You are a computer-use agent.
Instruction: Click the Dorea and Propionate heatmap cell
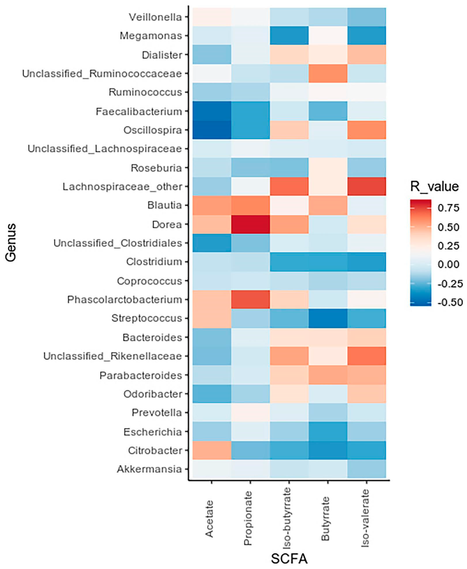pos(250,224)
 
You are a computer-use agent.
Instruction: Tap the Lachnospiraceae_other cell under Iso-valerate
pos(366,186)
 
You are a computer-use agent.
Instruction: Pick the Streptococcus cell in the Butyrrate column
pos(328,318)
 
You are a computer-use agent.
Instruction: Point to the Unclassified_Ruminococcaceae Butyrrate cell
pos(328,73)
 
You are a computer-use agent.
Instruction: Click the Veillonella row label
pos(155,17)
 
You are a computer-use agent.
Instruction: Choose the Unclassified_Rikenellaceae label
pos(113,356)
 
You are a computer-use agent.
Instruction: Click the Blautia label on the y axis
pos(165,205)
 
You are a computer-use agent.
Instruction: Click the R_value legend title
pos(434,186)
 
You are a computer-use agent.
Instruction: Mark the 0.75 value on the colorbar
pos(448,208)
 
